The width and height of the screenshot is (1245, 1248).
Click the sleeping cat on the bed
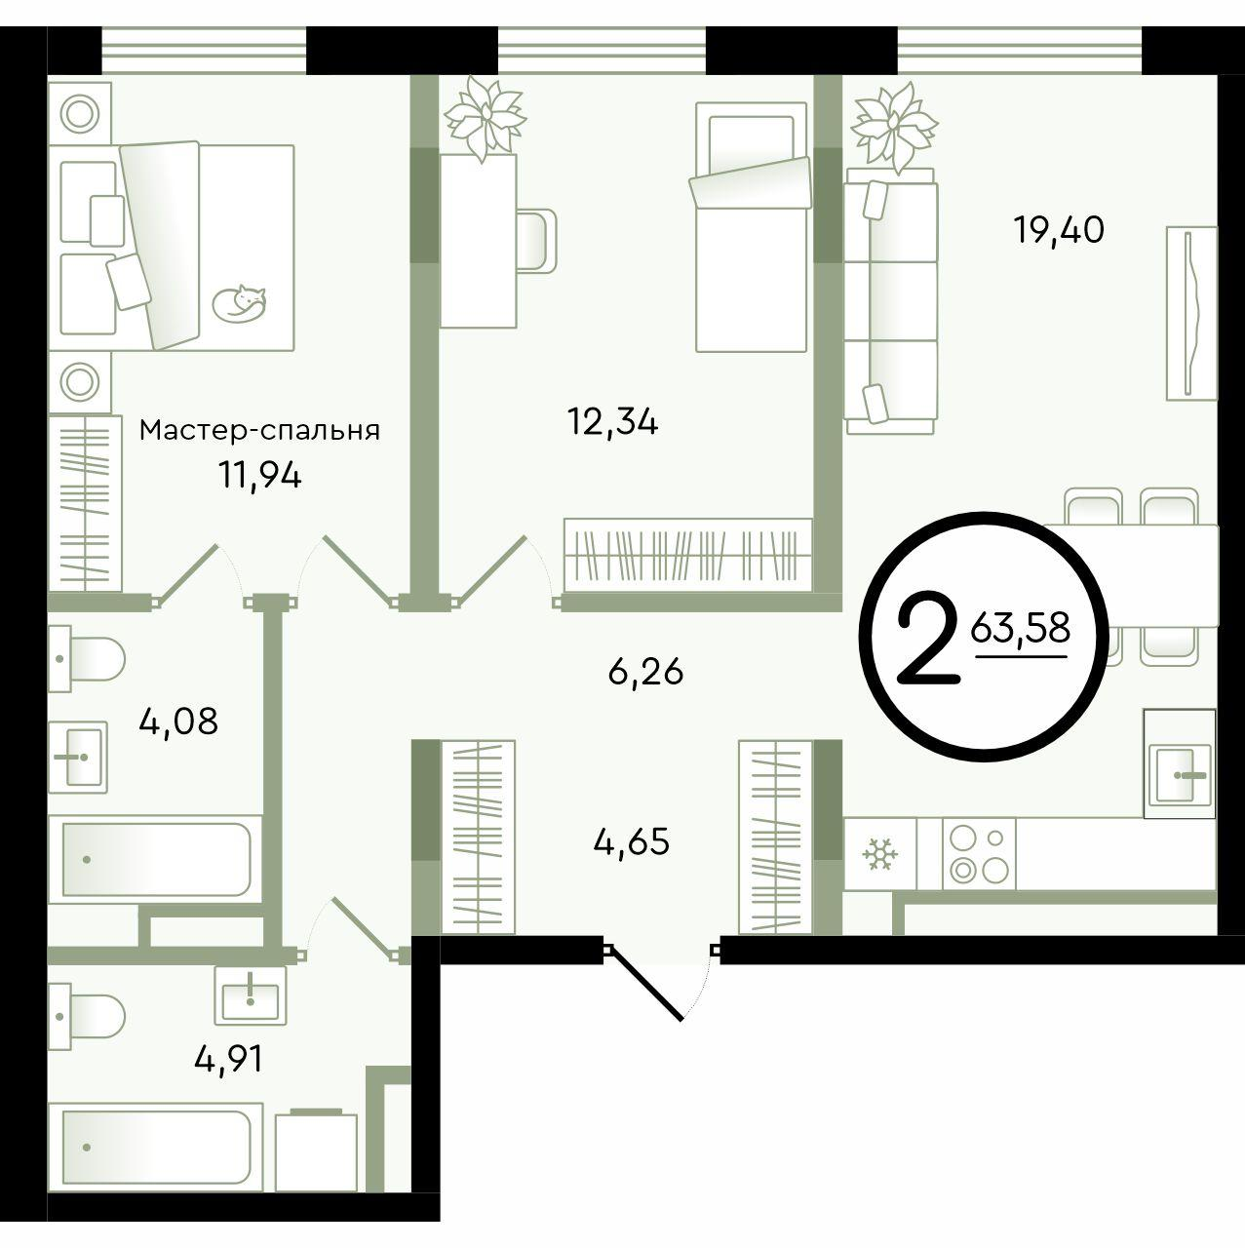[x=239, y=302]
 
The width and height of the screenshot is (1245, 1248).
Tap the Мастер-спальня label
[x=259, y=430]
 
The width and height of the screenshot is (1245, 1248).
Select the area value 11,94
[x=259, y=478]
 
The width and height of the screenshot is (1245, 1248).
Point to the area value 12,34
[x=613, y=423]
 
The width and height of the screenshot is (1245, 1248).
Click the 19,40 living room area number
[x=1059, y=231]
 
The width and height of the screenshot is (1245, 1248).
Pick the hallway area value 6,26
[x=645, y=672]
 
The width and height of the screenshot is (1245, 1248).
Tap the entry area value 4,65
[x=632, y=842]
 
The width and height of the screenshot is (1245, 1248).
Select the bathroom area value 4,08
[x=178, y=721]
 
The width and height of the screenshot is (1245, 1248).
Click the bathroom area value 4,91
[x=229, y=1060]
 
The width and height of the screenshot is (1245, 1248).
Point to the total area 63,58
[x=1020, y=628]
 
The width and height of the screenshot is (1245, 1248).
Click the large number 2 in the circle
[x=929, y=638]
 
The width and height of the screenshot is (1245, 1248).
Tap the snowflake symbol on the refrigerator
[x=879, y=854]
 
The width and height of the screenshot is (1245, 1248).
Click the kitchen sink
[x=1179, y=763]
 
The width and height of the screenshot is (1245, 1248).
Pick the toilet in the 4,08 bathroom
[x=87, y=659]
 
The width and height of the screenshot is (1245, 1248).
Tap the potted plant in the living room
[x=894, y=127]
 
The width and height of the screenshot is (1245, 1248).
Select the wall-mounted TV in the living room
[x=1191, y=313]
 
